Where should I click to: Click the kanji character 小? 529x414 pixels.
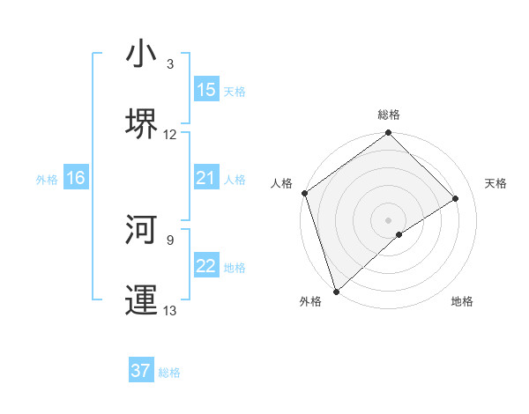point(142,54)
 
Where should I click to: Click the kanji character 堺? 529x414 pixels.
point(142,122)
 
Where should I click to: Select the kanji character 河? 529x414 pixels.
point(142,228)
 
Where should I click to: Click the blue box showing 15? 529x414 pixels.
point(206,90)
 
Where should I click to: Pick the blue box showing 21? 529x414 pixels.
point(206,179)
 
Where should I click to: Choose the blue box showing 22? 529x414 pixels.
point(206,267)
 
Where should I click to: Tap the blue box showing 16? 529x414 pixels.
point(76,179)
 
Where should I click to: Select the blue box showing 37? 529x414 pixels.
point(141,371)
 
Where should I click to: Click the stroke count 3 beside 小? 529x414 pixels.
point(170,64)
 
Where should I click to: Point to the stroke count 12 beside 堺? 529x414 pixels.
point(170,135)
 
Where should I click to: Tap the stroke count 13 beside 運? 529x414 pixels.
point(170,310)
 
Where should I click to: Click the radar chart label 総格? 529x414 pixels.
point(389,115)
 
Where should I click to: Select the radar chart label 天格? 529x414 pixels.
point(496,183)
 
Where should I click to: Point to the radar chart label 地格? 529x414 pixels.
point(462,301)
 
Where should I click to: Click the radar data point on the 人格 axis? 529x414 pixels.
point(304,193)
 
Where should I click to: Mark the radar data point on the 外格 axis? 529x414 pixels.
point(335,292)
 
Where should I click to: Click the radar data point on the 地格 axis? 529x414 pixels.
point(399,234)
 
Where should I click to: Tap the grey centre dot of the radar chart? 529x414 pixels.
point(389,219)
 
